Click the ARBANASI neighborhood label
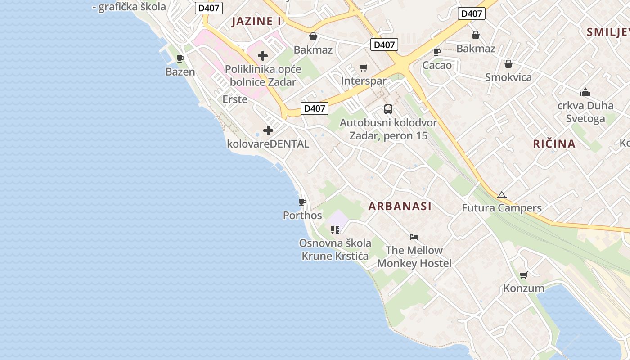point(400,206)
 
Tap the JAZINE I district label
point(256,21)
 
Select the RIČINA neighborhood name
point(554,144)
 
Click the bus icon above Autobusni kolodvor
point(388,109)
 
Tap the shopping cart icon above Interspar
point(364,68)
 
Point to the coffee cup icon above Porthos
point(302,202)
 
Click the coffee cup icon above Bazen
point(180,58)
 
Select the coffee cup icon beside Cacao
point(436,52)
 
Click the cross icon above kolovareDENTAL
point(268,130)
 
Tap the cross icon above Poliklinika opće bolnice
point(263,56)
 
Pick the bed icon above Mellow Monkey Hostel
point(414,237)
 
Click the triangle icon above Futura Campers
point(502,195)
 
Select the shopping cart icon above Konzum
point(523,275)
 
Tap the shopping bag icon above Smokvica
point(508,64)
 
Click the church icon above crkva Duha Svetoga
point(585,92)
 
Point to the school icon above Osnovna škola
point(335,230)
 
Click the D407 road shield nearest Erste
point(314,108)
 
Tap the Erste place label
point(235,99)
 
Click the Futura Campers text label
point(502,208)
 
